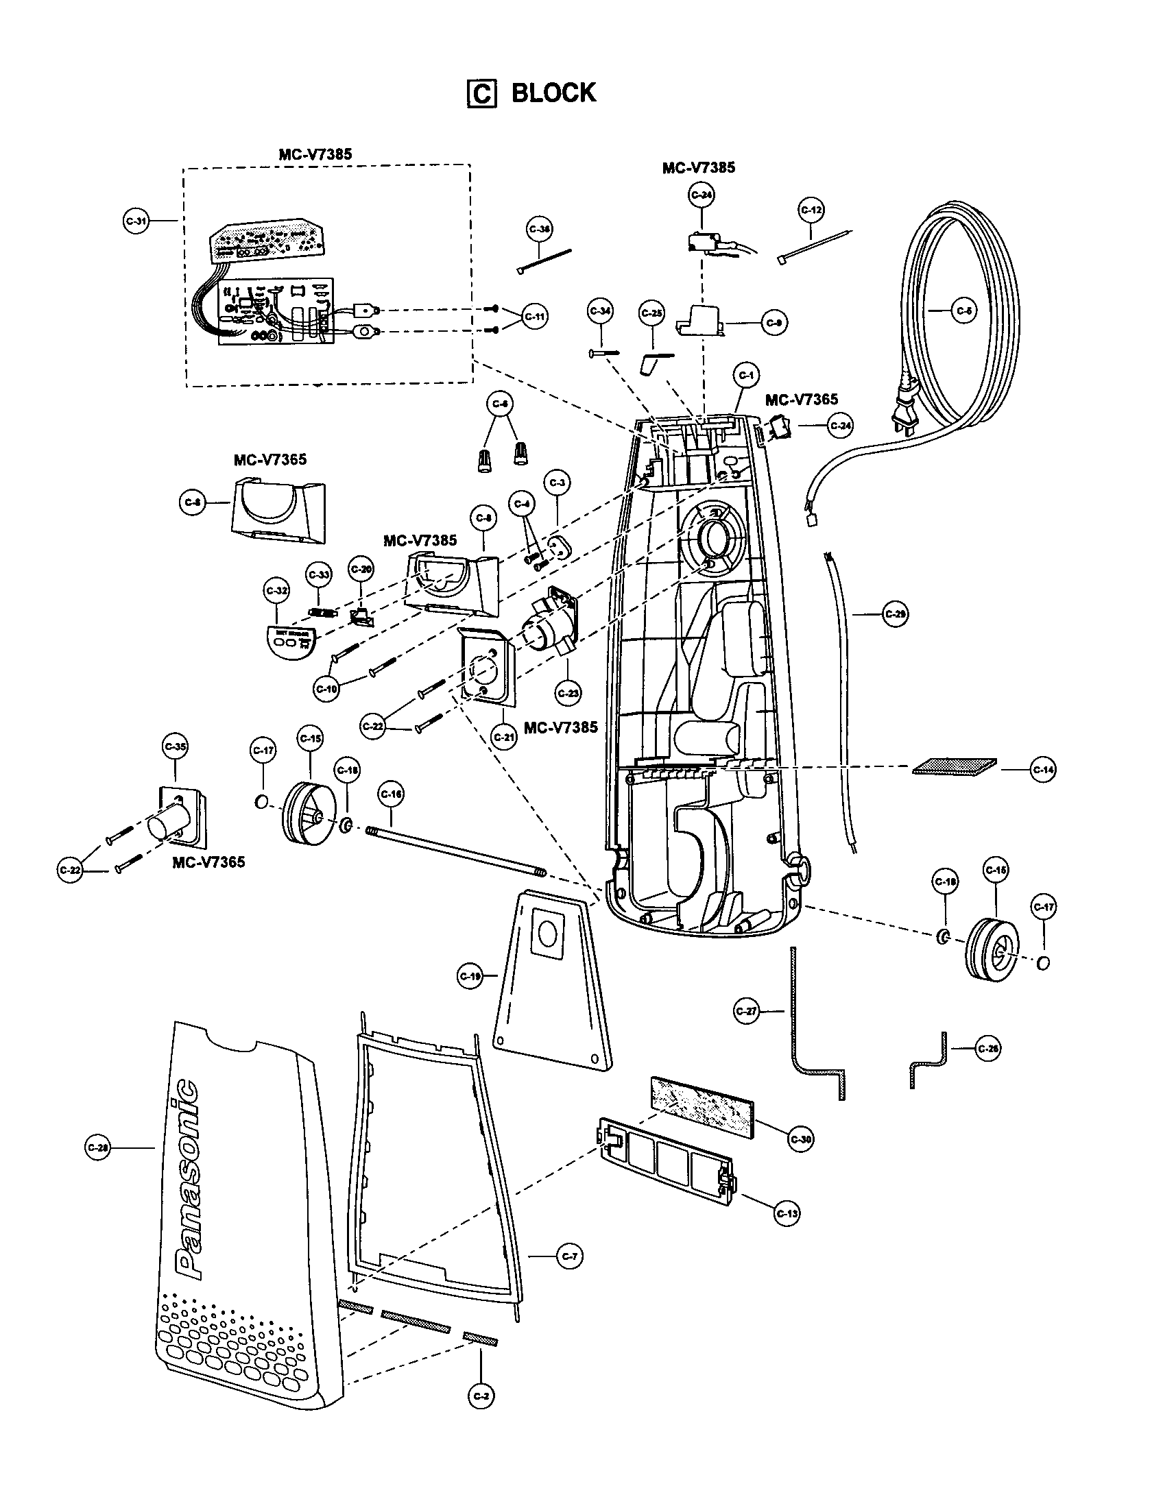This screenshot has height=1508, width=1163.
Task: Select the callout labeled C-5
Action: click(964, 311)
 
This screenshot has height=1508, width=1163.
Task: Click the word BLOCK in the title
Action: click(553, 93)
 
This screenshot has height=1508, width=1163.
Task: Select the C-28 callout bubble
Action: click(97, 1147)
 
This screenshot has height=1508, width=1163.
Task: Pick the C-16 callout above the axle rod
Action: click(391, 794)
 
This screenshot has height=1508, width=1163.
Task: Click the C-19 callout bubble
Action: click(470, 976)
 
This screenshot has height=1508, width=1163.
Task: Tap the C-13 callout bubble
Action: click(787, 1213)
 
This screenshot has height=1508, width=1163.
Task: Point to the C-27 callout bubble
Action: click(746, 1012)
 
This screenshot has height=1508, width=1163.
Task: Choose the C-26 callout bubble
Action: click(989, 1049)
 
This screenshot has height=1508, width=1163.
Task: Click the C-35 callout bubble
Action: click(175, 746)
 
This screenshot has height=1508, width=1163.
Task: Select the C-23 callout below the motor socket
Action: click(568, 693)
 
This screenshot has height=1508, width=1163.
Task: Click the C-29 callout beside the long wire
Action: click(895, 614)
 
